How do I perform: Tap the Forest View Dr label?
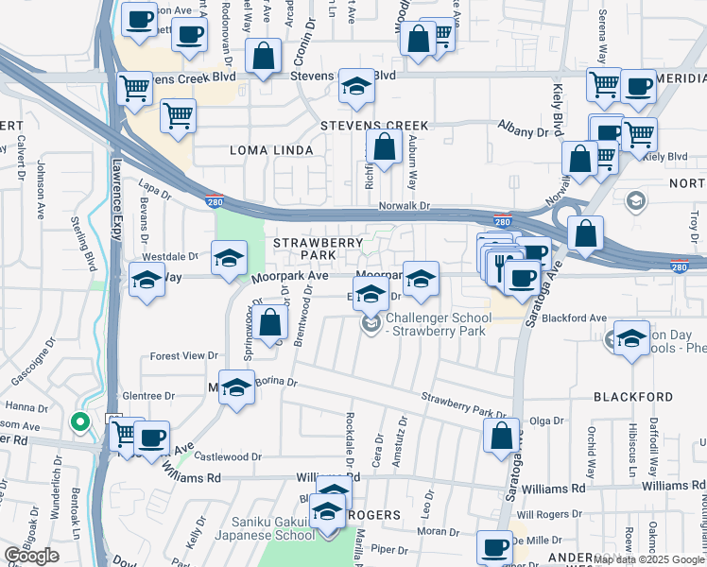pyautogui.click(x=184, y=356)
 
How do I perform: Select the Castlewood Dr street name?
pyautogui.click(x=231, y=456)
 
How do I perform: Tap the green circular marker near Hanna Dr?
pyautogui.click(x=80, y=423)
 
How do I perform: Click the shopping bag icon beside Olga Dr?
pyautogui.click(x=501, y=437)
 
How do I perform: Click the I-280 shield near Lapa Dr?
pyautogui.click(x=215, y=201)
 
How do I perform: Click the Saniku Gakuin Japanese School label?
pyautogui.click(x=274, y=528)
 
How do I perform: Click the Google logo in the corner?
pyautogui.click(x=31, y=556)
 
